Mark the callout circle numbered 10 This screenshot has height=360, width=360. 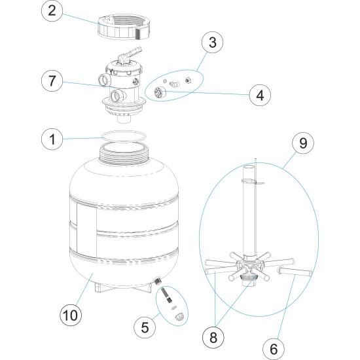tap(72, 315)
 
